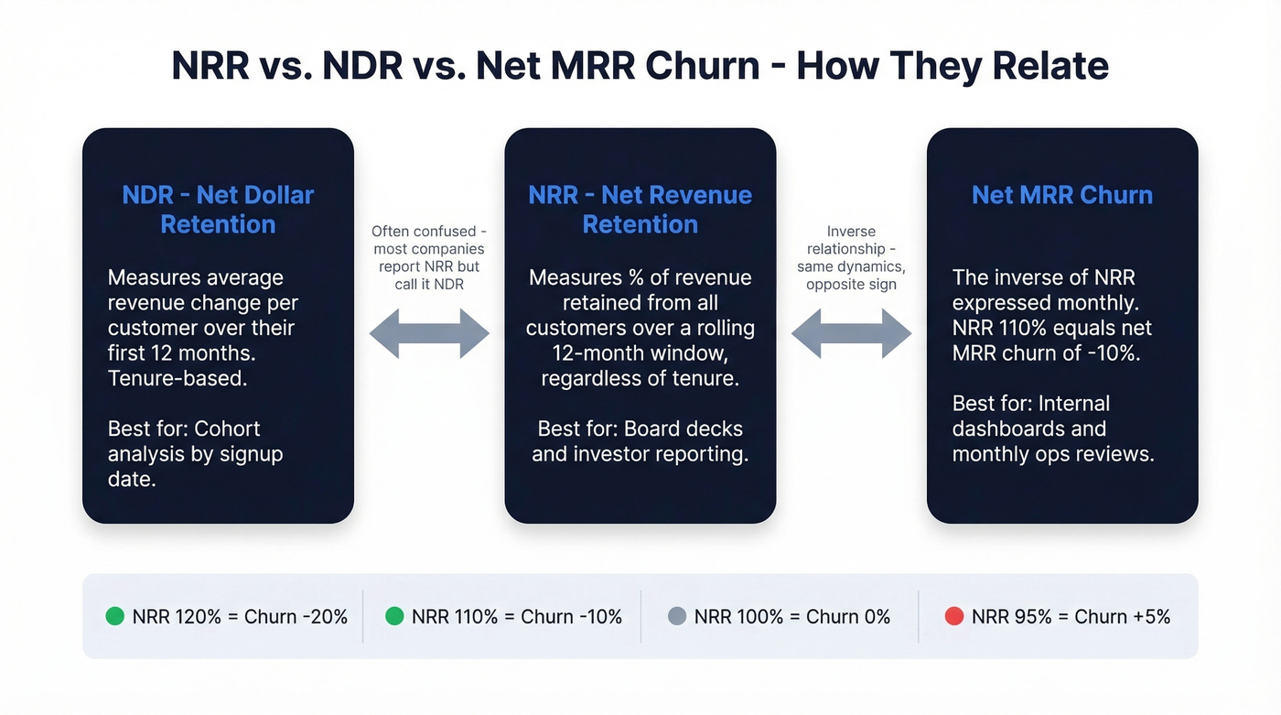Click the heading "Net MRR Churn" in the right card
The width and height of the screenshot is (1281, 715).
pos(1061,195)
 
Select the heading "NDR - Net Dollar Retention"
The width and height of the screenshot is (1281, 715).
pos(218,210)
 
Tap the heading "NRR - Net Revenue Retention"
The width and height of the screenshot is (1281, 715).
pos(640,210)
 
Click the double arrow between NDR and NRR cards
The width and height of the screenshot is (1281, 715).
pos(429,333)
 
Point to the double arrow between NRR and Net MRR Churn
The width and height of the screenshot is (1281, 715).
pos(851,333)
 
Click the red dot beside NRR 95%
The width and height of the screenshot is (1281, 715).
pos(954,616)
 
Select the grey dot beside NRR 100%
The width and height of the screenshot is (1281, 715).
pos(677,616)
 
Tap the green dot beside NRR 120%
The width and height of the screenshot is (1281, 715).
pos(115,616)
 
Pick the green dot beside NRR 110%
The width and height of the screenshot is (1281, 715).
pos(394,616)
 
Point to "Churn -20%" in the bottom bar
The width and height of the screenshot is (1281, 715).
pos(296,616)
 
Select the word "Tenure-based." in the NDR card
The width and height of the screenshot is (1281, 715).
pos(178,377)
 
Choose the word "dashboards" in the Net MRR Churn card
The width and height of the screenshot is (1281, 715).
pos(1029,428)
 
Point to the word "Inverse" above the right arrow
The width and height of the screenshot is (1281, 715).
pos(851,232)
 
